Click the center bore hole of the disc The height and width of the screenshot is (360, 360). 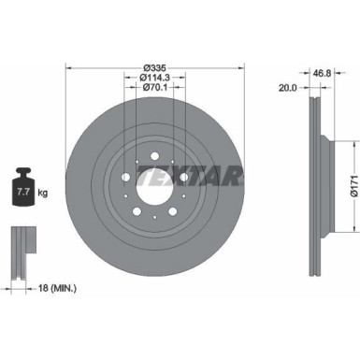[x=155, y=177]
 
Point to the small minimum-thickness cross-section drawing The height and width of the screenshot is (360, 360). [x=20, y=250]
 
